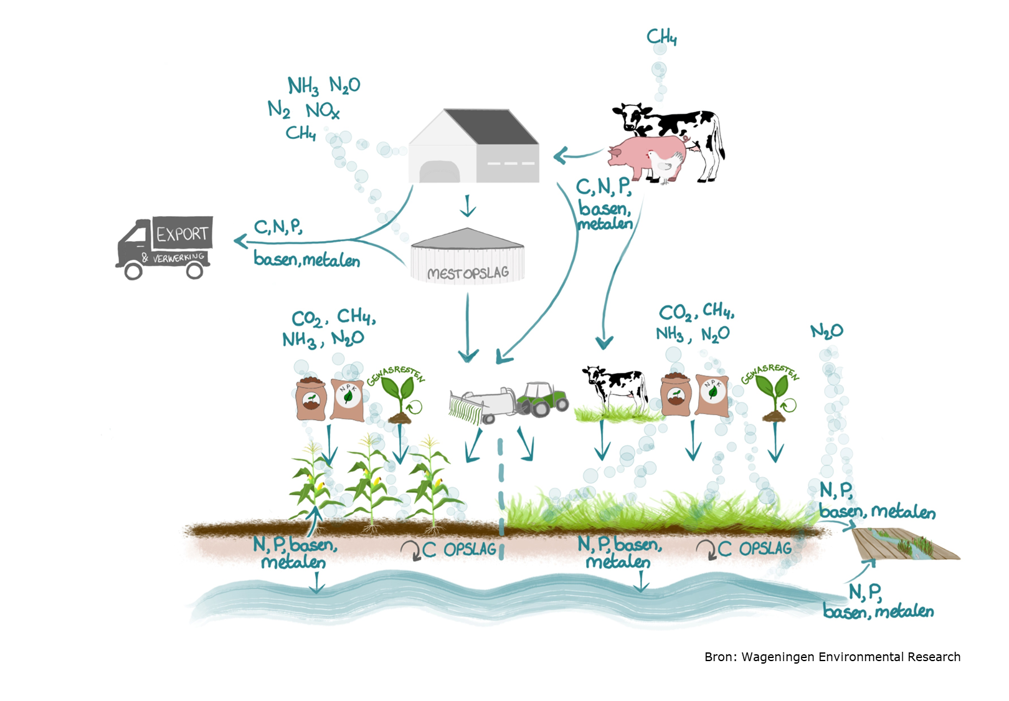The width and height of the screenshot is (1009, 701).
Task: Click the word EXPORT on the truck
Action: [x=182, y=234]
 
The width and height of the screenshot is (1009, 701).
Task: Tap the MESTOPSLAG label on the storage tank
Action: [x=468, y=272]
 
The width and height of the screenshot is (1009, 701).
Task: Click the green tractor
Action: [x=542, y=399]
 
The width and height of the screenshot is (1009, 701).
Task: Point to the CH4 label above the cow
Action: [x=661, y=37]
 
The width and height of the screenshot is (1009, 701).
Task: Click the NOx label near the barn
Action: [x=323, y=110]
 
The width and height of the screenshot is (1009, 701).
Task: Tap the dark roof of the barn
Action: [x=491, y=126]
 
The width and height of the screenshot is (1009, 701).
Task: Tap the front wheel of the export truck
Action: [x=133, y=271]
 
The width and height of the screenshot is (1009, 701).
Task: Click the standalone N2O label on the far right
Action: [x=827, y=331]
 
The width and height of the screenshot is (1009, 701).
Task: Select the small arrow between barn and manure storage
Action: [x=468, y=206]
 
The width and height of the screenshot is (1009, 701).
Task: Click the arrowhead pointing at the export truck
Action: [x=240, y=242]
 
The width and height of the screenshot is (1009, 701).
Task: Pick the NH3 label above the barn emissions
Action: [x=303, y=85]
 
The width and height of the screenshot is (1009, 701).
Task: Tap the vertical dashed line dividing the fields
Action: [x=501, y=498]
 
